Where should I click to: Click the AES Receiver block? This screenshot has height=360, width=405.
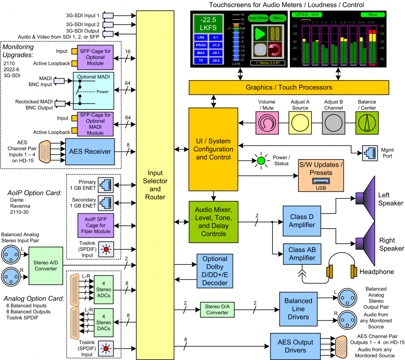tap(90, 151)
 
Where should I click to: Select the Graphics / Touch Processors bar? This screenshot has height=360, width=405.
tap(288, 88)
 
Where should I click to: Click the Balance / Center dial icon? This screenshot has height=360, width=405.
tap(366, 122)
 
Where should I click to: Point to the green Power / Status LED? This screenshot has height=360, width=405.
tap(260, 161)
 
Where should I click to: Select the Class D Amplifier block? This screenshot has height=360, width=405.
tap(302, 221)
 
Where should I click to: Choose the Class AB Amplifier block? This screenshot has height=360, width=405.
tap(302, 254)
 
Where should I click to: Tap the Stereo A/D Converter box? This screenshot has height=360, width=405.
tap(45, 265)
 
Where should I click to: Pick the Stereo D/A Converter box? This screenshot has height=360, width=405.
tap(217, 309)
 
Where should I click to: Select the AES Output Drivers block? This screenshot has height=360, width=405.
tap(295, 346)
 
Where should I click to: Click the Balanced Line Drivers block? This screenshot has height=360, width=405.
tap(298, 308)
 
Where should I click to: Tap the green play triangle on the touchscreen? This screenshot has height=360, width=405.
tap(260, 34)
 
